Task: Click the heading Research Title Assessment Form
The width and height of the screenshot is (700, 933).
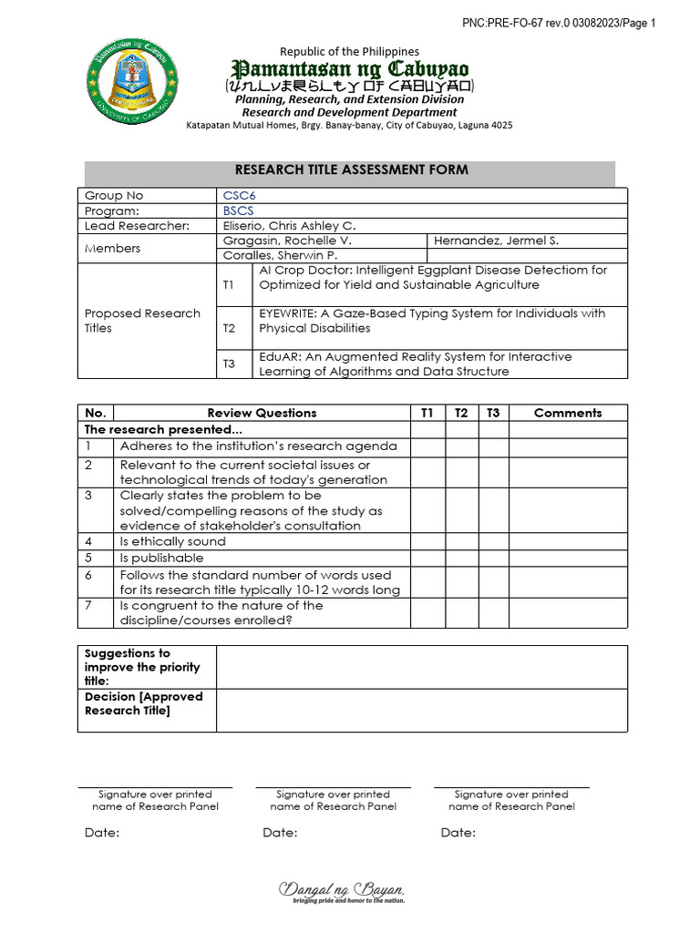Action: (x=351, y=169)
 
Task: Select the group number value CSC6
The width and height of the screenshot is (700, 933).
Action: (x=240, y=196)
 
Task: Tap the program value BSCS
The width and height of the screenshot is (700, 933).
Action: (x=239, y=210)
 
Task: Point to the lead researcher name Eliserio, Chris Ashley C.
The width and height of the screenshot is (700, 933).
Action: (x=289, y=225)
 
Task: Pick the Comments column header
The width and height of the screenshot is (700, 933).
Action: (x=567, y=413)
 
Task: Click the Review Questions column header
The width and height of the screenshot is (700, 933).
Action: (x=262, y=413)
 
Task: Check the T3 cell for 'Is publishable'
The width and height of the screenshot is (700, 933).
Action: (x=492, y=558)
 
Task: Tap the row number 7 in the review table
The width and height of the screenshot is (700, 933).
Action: (x=88, y=606)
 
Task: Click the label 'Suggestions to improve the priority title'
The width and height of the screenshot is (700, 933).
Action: (x=137, y=667)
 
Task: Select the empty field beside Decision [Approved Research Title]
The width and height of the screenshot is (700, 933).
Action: (x=421, y=710)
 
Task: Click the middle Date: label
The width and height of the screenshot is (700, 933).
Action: (x=280, y=833)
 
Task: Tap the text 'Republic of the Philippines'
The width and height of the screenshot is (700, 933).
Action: (x=350, y=52)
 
